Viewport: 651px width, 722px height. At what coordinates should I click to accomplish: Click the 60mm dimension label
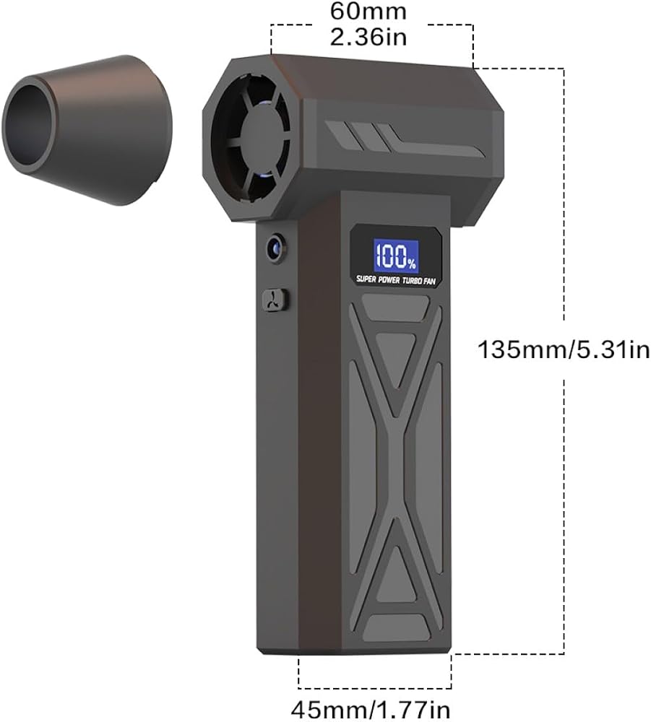[368, 11]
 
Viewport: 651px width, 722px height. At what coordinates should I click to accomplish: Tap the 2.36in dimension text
[368, 36]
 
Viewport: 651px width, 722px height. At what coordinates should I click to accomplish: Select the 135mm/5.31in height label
[564, 349]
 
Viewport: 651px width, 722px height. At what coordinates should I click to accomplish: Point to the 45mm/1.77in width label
[371, 710]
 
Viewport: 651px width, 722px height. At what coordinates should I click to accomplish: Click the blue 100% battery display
[396, 256]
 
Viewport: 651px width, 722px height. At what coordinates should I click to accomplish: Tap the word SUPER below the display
[366, 279]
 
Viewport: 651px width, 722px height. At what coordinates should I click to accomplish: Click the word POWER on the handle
[389, 279]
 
